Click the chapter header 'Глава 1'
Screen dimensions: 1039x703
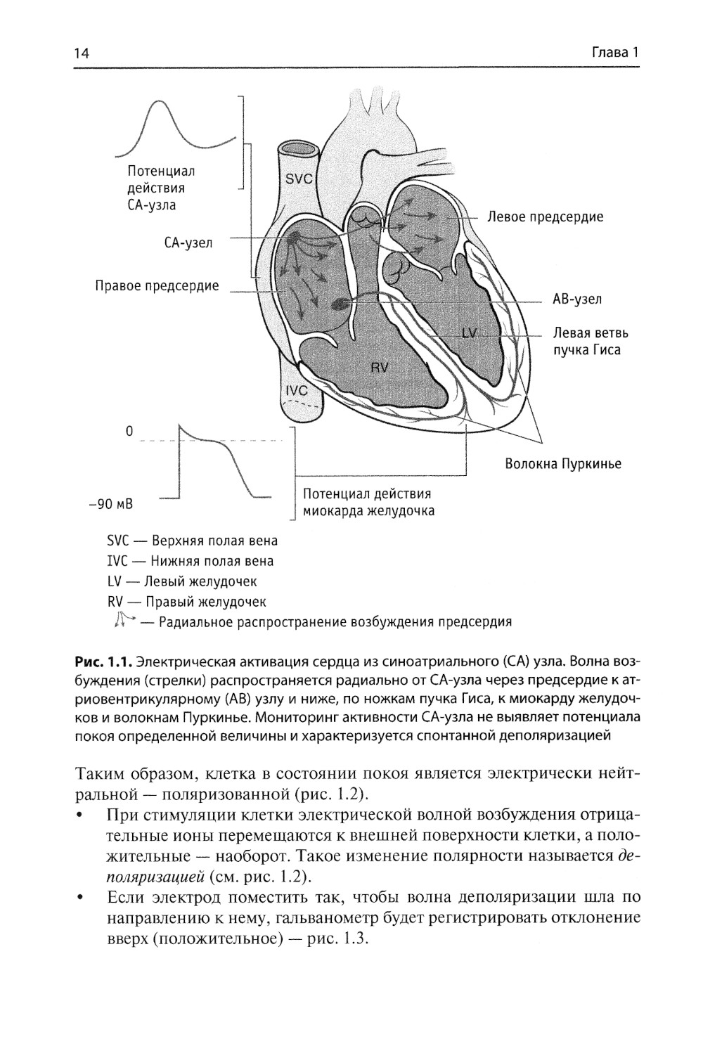pyautogui.click(x=614, y=53)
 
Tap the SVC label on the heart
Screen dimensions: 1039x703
pyautogui.click(x=299, y=179)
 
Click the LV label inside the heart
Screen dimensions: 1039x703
pyautogui.click(x=470, y=332)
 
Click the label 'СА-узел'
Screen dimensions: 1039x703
pyautogui.click(x=188, y=243)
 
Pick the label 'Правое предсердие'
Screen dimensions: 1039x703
pyautogui.click(x=157, y=286)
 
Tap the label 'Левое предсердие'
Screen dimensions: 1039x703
pyautogui.click(x=545, y=217)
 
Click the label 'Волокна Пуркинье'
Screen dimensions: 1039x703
pyautogui.click(x=562, y=464)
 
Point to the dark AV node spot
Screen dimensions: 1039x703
pyautogui.click(x=340, y=304)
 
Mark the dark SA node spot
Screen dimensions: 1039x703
pyautogui.click(x=291, y=238)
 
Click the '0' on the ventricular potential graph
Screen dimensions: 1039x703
pyautogui.click(x=129, y=431)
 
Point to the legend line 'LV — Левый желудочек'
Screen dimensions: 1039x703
pyautogui.click(x=181, y=581)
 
